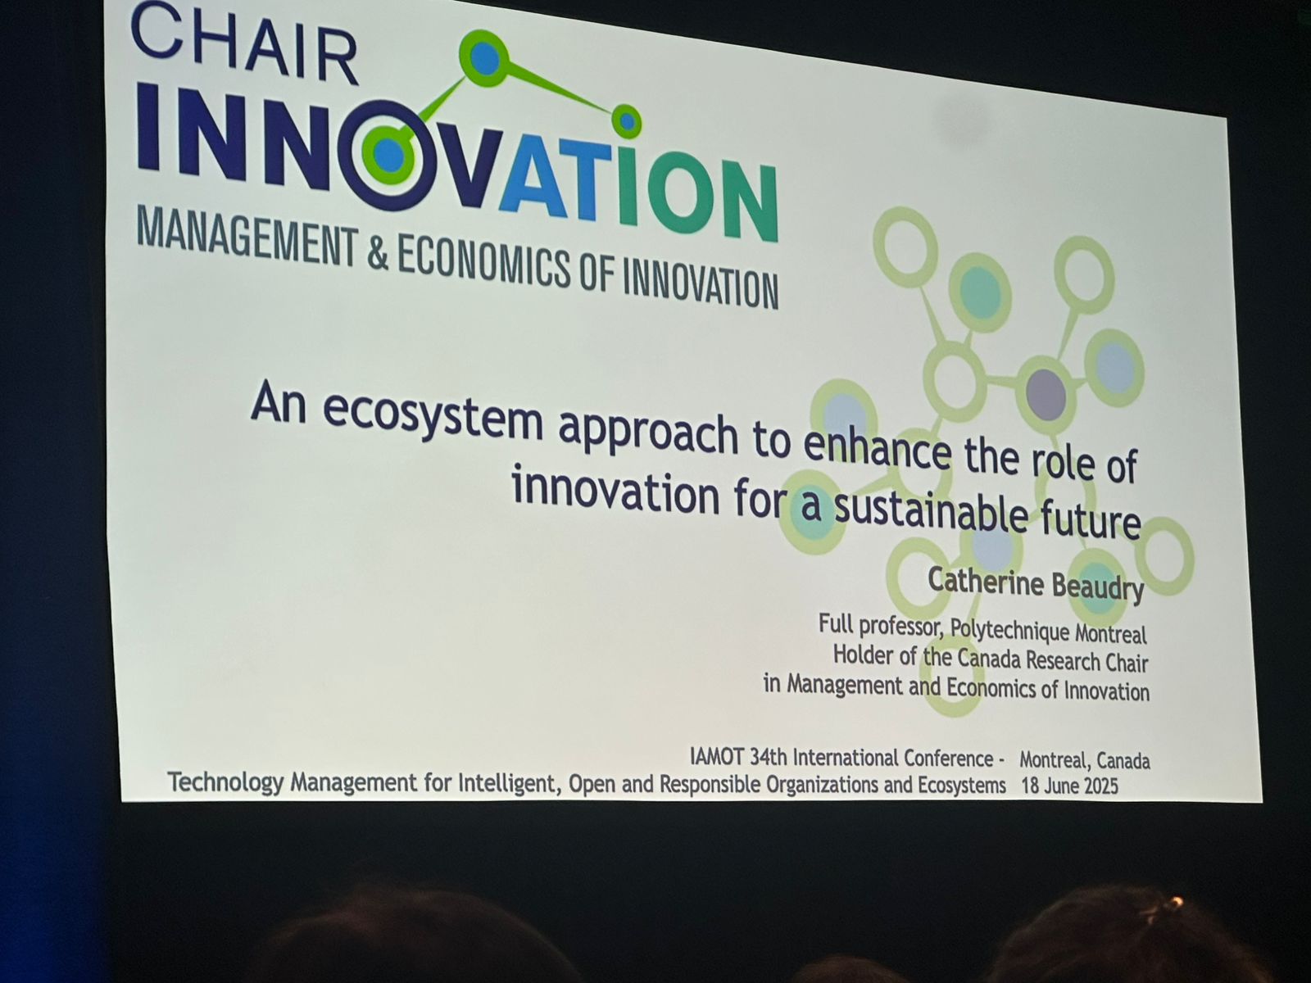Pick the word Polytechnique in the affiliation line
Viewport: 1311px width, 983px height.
point(1009,630)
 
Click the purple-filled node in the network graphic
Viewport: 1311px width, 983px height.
point(1046,395)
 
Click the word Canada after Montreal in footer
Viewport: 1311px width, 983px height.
point(1123,762)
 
